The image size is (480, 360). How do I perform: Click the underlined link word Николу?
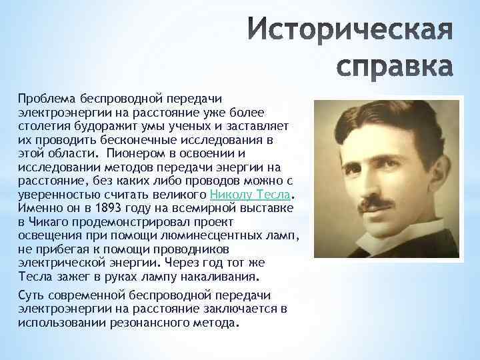pyautogui.click(x=230, y=195)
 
